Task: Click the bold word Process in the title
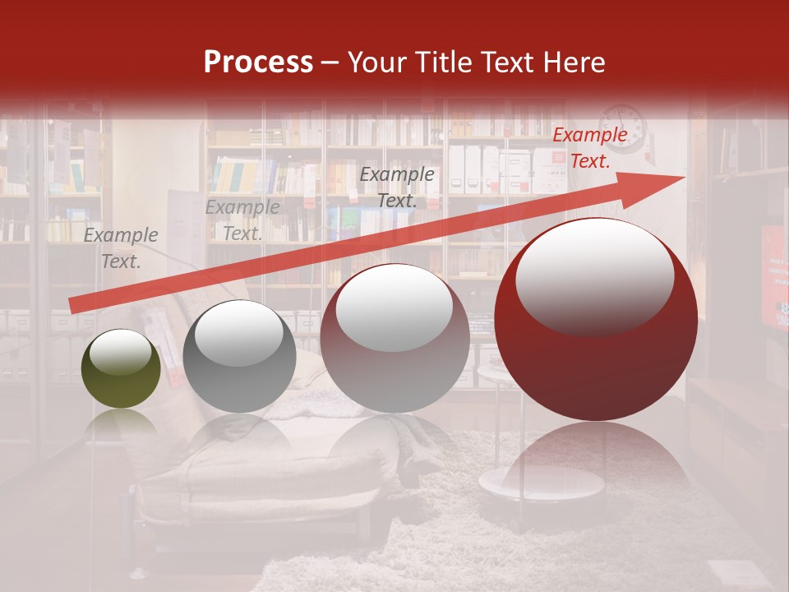tap(258, 62)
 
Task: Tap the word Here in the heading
tap(574, 62)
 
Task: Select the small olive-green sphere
tap(121, 368)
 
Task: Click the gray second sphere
tap(239, 356)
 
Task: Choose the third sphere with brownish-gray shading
tap(394, 338)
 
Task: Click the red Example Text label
tap(589, 148)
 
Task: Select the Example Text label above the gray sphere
tap(242, 220)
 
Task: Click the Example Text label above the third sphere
tap(397, 187)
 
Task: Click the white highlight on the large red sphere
tap(594, 275)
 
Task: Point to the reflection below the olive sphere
tap(121, 423)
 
